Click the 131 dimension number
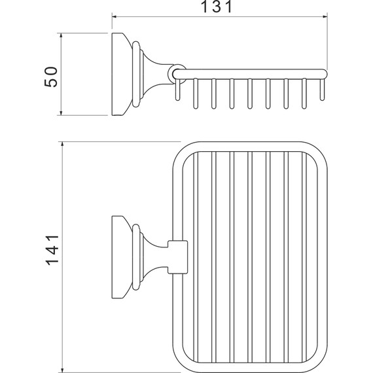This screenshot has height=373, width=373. tap(216, 7)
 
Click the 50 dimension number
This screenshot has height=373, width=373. tap(51, 77)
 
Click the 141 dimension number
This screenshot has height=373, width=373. tap(52, 250)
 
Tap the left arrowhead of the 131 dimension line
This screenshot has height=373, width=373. tap(114, 16)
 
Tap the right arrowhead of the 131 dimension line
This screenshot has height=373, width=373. tap(325, 16)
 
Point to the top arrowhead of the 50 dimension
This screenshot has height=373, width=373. tap(61, 35)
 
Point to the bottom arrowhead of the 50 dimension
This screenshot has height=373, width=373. tap(61, 113)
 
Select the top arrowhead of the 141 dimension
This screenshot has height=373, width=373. tap(62, 144)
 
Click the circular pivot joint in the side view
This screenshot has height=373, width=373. tap(177, 74)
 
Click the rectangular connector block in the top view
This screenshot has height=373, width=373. tap(177, 257)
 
